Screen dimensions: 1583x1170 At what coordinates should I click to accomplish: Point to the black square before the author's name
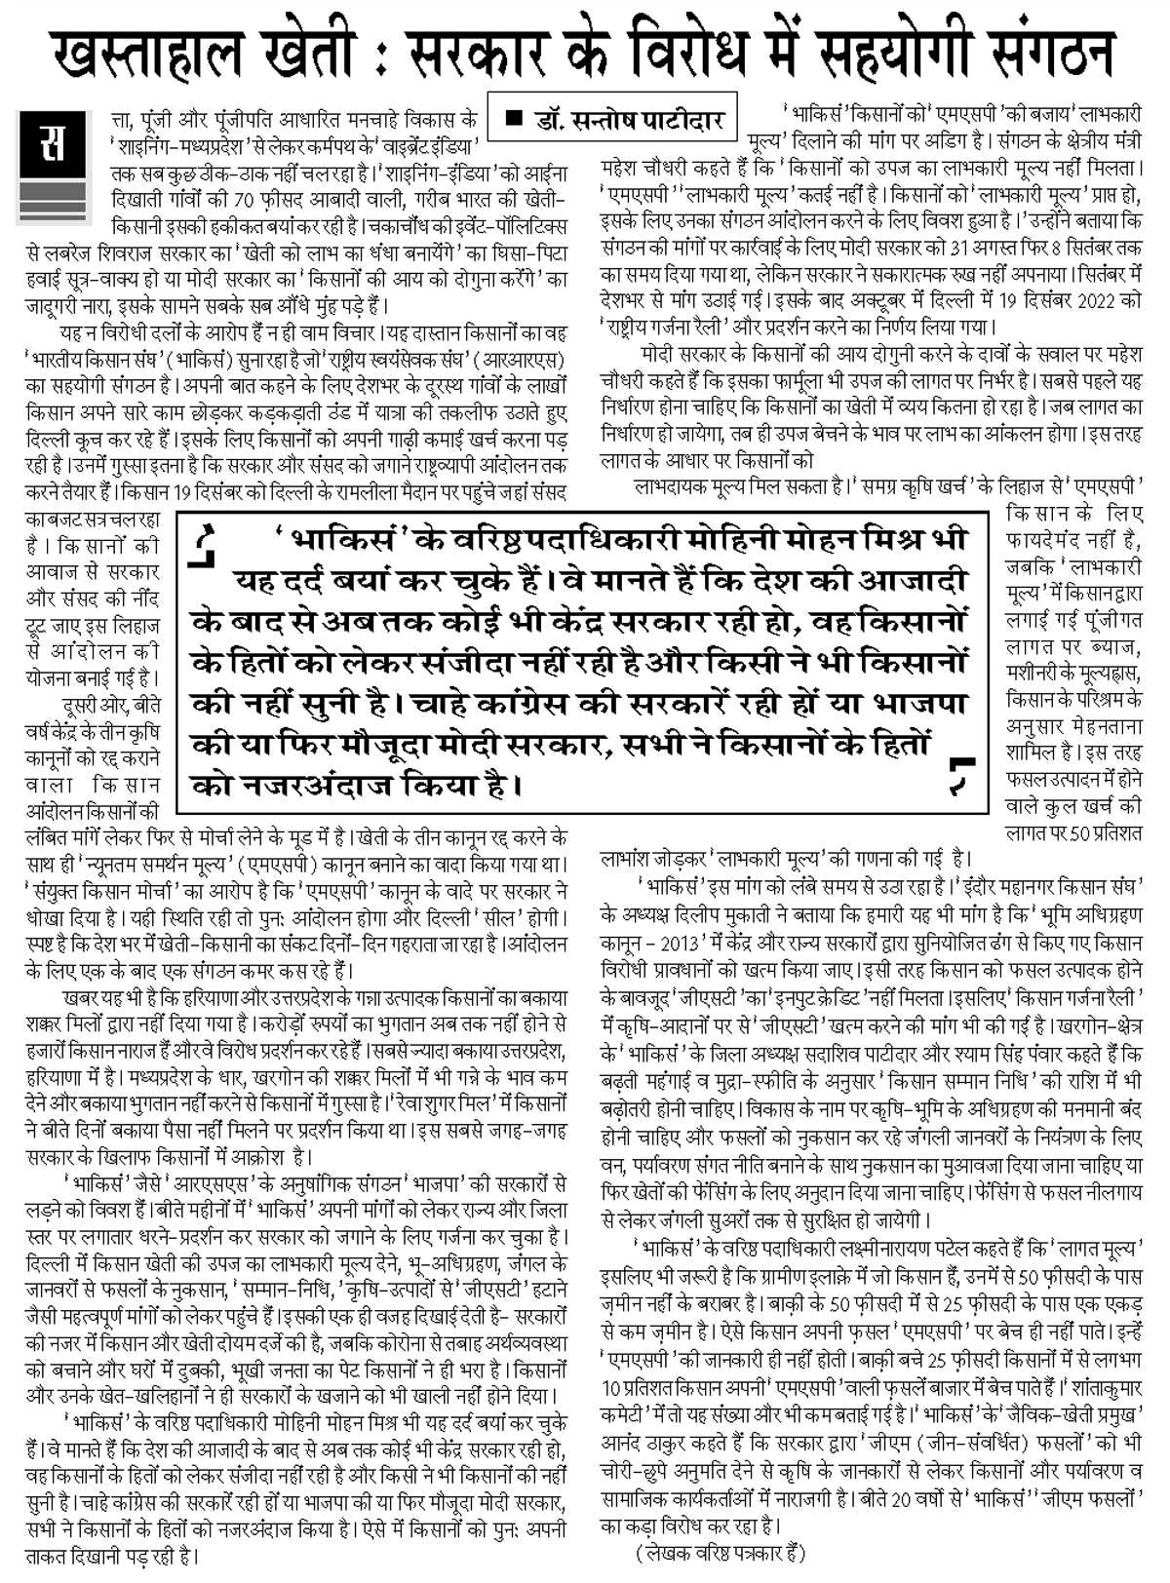click(x=517, y=119)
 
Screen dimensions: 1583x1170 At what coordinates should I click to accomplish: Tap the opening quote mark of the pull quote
click(x=207, y=547)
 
